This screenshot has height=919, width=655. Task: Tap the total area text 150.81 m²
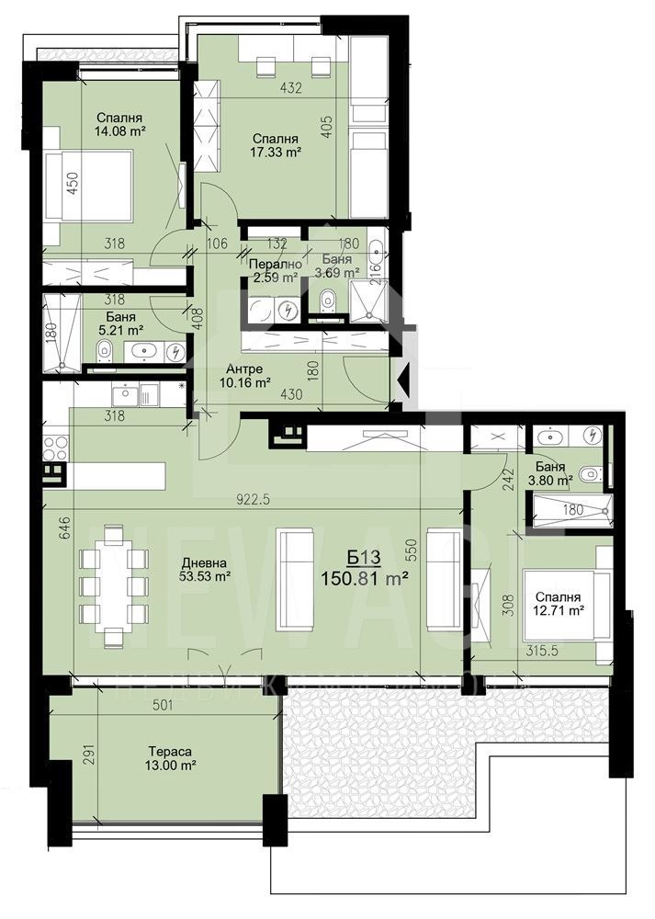coord(364,578)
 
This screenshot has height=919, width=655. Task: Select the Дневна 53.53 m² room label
coord(204,570)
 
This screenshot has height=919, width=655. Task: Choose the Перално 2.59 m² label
coord(274,269)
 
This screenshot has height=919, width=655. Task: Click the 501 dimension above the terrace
coord(163,706)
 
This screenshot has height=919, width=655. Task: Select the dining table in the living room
coord(114,585)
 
